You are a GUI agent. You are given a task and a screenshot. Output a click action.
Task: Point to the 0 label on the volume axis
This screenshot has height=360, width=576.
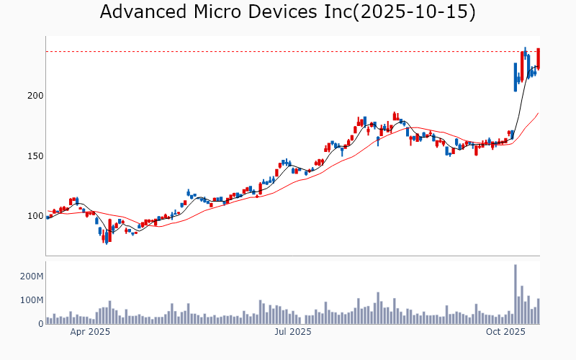tap(40, 323)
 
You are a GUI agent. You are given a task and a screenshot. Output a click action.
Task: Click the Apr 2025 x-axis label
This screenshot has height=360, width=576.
tap(90, 332)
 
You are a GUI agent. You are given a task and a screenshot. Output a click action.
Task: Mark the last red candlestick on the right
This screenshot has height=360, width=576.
tap(538, 59)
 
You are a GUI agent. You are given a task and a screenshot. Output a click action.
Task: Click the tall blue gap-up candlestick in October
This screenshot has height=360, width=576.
tap(516, 76)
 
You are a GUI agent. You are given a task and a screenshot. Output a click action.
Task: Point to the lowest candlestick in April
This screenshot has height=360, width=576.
tap(106, 237)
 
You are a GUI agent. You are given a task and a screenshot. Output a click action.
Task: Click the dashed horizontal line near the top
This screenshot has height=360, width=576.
tap(288, 51)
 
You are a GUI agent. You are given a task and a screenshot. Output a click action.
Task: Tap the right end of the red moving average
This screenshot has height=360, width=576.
tap(538, 113)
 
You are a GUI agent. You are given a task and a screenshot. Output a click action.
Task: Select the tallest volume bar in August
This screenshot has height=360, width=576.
tap(378, 307)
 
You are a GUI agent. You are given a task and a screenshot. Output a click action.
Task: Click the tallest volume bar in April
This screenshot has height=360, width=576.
tap(109, 312)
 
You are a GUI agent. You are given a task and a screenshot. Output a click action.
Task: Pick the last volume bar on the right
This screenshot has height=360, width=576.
tap(538, 311)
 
